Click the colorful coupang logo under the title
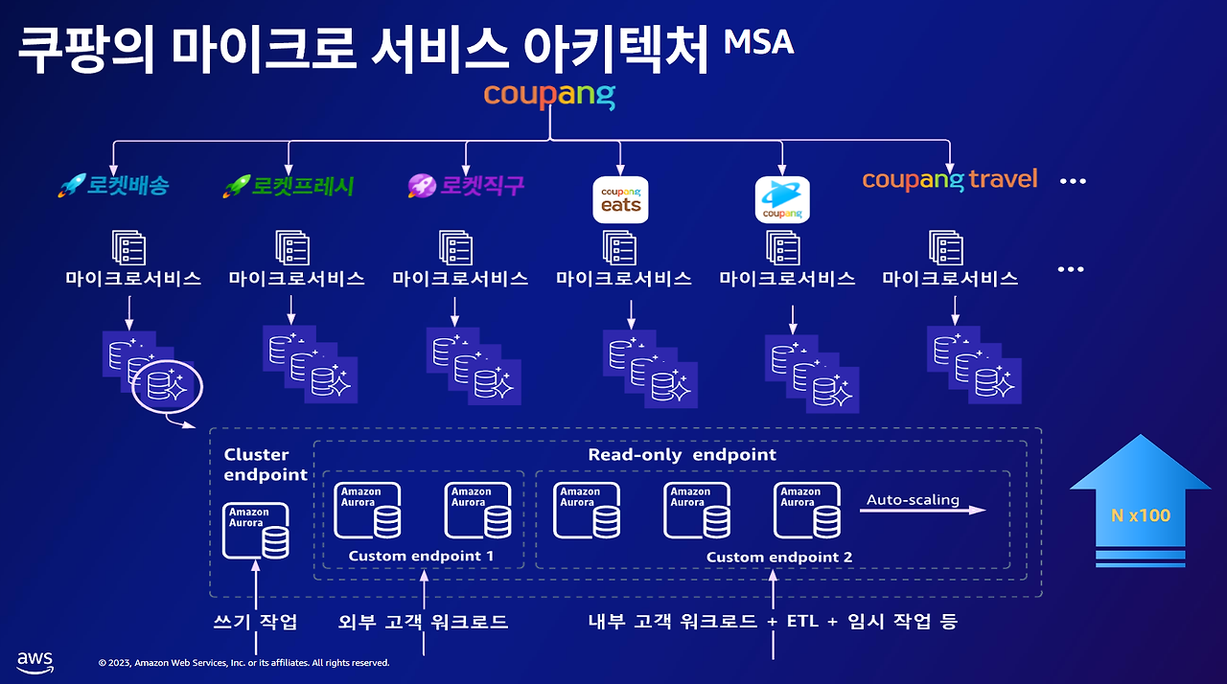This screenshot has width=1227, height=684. point(549,95)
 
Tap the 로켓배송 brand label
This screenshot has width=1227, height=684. point(114,185)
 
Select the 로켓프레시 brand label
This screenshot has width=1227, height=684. point(289,185)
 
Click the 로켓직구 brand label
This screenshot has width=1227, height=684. point(466,185)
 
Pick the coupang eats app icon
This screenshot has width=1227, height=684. point(620,200)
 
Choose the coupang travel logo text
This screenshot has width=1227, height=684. point(949,179)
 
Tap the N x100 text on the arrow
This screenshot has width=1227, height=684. point(1140,515)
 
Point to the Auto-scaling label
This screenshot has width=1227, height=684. point(913,500)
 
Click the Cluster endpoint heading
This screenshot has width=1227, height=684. point(265,465)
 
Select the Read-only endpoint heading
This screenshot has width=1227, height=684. point(682,455)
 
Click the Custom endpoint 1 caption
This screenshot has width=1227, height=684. point(421,557)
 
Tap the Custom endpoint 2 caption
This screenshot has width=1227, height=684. point(778,558)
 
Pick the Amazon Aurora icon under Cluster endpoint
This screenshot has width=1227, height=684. point(256,531)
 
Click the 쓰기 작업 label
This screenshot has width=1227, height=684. point(254,622)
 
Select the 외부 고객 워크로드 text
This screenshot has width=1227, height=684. point(423,622)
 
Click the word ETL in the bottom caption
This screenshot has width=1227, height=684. point(801,622)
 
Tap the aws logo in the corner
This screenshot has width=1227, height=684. point(35,661)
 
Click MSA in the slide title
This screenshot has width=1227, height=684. point(758,42)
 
